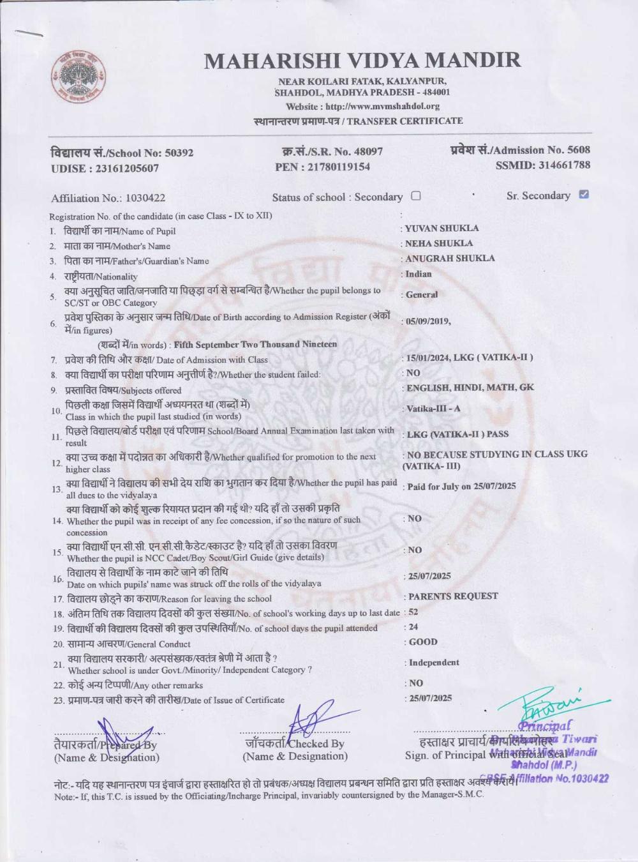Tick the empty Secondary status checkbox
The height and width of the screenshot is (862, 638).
(416, 196)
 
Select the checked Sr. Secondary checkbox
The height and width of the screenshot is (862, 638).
(583, 194)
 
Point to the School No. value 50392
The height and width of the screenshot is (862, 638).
(179, 153)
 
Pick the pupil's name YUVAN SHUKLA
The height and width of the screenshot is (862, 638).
(441, 228)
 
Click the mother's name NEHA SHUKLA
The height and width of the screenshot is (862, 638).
(439, 243)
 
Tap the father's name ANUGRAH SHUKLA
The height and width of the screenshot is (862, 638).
(450, 259)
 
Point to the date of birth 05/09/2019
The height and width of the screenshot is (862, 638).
(427, 321)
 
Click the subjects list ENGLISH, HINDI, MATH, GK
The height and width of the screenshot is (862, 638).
(470, 388)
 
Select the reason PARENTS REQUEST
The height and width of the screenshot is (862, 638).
(453, 596)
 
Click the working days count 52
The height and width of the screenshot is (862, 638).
(413, 612)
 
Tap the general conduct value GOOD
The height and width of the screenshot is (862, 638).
(423, 642)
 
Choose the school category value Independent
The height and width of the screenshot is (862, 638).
(434, 663)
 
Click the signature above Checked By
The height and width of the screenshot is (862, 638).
(311, 720)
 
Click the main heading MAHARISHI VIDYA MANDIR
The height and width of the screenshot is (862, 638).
(362, 61)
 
